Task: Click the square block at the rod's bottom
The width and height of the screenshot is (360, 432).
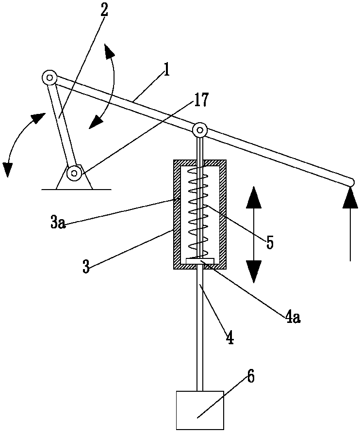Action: [x=199, y=410]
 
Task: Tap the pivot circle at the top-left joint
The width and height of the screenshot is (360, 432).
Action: [x=49, y=78]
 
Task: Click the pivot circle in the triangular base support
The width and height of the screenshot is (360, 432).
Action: [x=74, y=172]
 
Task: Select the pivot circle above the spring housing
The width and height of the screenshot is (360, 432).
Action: [x=200, y=130]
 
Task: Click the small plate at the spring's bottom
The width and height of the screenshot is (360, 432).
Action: [x=199, y=261]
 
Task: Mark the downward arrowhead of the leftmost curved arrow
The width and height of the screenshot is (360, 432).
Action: [x=7, y=169]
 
